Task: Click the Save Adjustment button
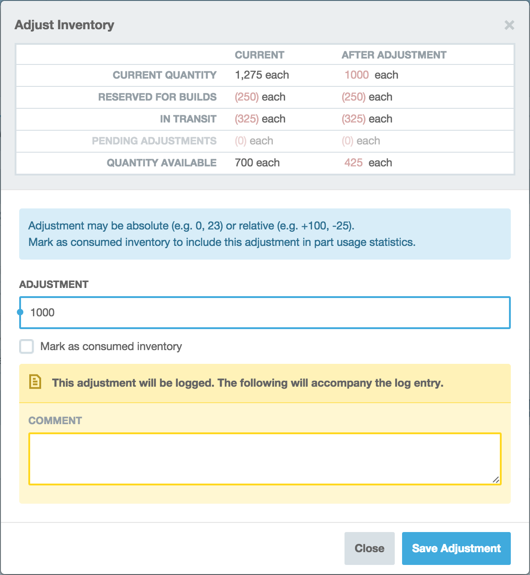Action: (456, 548)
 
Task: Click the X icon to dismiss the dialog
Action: (509, 25)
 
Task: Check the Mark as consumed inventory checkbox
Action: (26, 346)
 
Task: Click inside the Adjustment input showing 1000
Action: (265, 313)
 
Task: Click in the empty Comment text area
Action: (265, 458)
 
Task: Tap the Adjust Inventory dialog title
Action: (64, 25)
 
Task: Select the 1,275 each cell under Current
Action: (262, 75)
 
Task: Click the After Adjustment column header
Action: (394, 55)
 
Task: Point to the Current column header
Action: (260, 55)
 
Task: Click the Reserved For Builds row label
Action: (157, 97)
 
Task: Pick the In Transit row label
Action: (188, 119)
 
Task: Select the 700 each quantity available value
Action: (257, 163)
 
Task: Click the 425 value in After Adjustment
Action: (354, 163)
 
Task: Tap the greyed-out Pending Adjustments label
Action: (154, 141)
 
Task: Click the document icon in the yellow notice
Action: (35, 382)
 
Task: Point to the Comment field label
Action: (55, 421)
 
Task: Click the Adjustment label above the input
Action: (54, 284)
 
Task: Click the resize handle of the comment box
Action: (496, 479)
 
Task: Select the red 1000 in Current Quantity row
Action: (357, 75)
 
